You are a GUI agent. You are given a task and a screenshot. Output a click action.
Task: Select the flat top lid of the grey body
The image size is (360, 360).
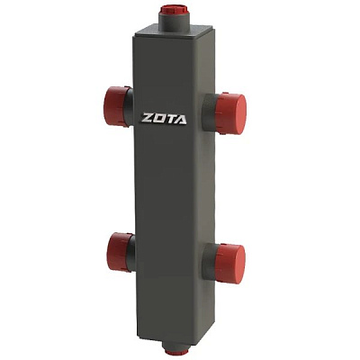point(175,31)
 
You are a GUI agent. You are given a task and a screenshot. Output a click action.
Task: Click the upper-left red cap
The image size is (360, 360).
point(115,105)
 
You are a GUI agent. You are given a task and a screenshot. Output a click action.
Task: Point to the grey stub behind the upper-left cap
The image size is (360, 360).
point(130,107)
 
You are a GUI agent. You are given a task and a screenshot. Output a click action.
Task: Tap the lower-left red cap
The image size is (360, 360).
point(119,251)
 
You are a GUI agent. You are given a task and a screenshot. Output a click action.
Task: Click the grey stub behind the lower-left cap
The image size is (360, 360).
point(131,253)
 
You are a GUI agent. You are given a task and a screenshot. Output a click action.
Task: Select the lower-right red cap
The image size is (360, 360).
point(229,264)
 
